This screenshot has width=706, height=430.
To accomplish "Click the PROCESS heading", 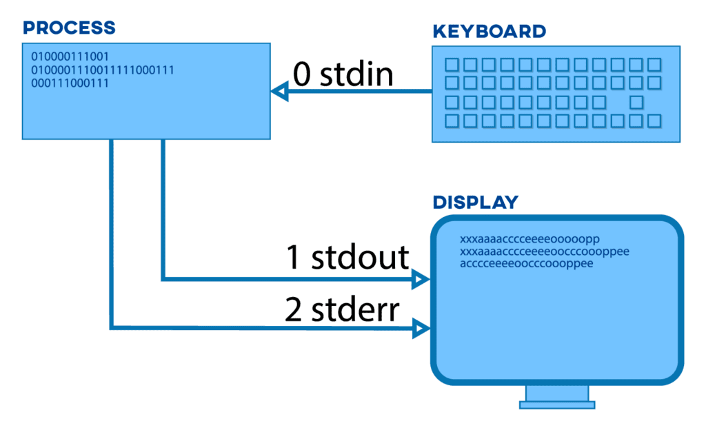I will click(69, 28).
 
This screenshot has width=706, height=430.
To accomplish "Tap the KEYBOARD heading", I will click(489, 32).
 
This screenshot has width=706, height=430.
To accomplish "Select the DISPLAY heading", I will click(475, 203).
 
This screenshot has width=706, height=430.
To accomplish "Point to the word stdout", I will click(360, 258).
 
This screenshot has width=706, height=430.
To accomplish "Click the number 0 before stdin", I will click(302, 74).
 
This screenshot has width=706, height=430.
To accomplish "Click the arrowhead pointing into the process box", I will click(279, 91).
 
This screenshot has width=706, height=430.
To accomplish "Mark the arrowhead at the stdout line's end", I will click(421, 279).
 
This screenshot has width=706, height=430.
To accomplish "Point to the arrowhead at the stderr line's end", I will click(421, 329).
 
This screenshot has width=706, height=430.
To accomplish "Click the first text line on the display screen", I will click(529, 239).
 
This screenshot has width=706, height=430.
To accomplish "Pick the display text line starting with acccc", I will click(527, 264).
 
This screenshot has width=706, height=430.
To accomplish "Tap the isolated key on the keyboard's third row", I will click(636, 102).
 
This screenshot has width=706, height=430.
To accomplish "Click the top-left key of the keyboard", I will click(452, 65).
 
